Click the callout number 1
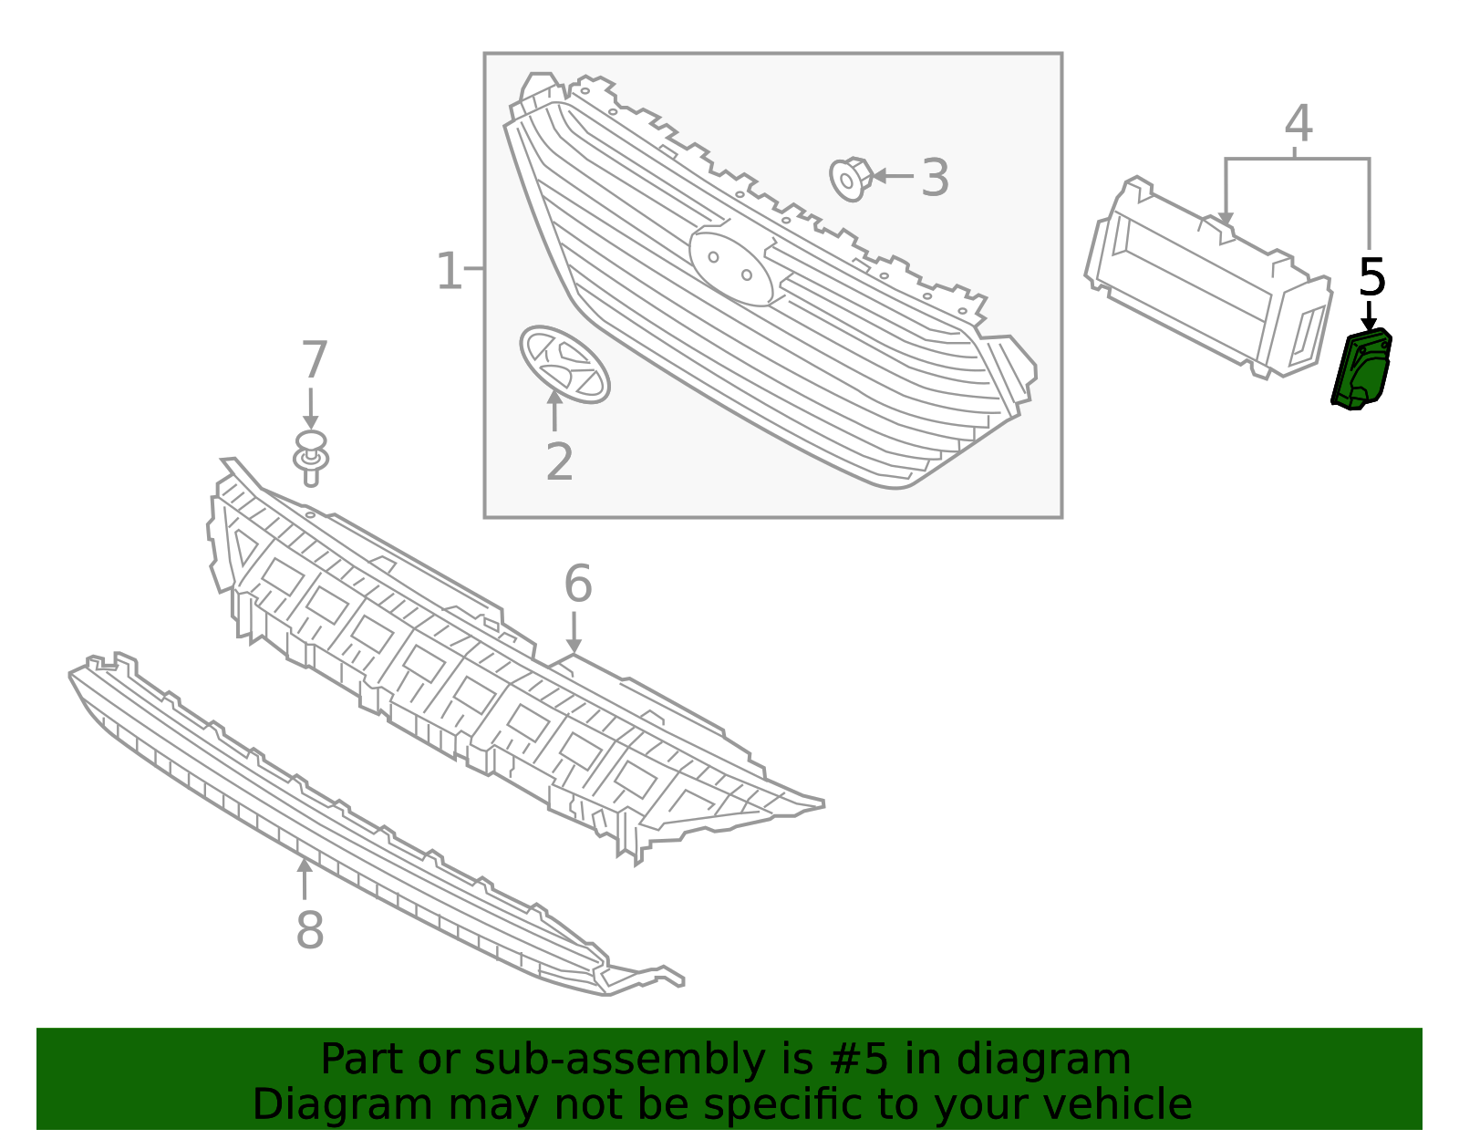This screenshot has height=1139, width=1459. (449, 271)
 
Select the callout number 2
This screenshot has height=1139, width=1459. (560, 461)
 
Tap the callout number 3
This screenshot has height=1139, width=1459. (935, 178)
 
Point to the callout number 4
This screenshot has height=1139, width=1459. (1299, 123)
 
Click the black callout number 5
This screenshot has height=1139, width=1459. (1371, 277)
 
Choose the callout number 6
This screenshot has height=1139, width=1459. (578, 584)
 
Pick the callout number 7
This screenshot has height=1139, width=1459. (315, 359)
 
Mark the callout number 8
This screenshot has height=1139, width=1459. (309, 930)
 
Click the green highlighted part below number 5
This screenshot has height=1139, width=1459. (1361, 370)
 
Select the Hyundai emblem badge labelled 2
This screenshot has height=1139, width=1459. (564, 365)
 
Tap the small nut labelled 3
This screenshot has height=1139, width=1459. (852, 180)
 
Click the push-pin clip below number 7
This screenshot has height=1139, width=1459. (311, 458)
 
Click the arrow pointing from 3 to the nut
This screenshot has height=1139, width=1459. (893, 177)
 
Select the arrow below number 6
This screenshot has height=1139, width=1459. (574, 632)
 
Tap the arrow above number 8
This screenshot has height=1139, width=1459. (305, 878)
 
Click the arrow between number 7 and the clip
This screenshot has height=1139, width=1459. (310, 408)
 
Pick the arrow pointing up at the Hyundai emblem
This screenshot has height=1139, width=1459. (554, 410)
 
